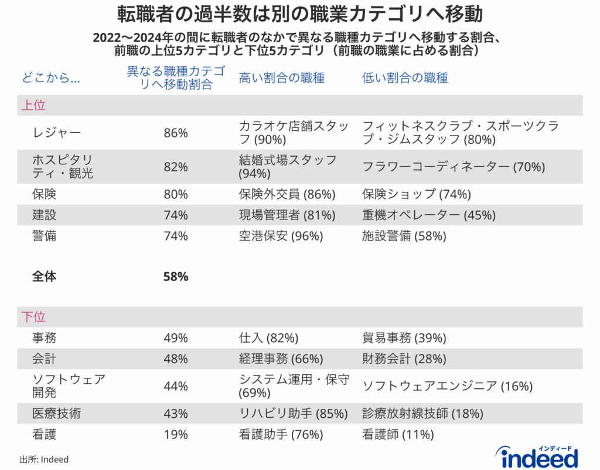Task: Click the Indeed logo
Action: pos(536,456)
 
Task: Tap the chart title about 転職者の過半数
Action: pos(300,13)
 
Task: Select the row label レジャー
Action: pos(57,133)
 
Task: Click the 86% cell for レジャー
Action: pos(176,133)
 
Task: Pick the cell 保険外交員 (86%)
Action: pos(287,194)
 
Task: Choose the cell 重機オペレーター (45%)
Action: pos(418,215)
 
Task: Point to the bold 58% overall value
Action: pos(176,276)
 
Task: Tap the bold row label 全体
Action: pos(45,276)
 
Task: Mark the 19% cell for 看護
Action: pos(176,435)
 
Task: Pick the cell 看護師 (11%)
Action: pos(398,435)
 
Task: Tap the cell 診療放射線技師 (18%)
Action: pos(423,414)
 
